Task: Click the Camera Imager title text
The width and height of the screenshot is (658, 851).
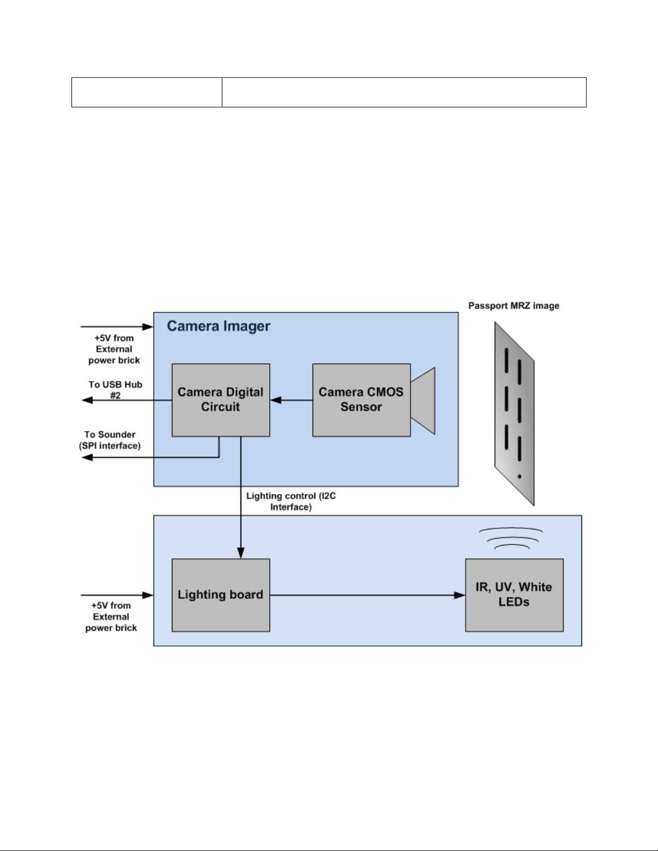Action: click(218, 326)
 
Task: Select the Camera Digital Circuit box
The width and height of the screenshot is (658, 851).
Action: click(220, 400)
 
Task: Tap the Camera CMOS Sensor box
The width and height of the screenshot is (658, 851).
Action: click(361, 400)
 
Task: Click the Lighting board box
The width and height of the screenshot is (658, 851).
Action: click(220, 595)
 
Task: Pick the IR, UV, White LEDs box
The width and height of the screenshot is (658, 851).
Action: click(514, 595)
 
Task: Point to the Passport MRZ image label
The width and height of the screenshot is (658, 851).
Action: click(514, 306)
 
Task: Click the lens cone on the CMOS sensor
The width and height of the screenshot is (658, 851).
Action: click(423, 401)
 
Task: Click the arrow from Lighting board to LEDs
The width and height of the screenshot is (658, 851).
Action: click(367, 595)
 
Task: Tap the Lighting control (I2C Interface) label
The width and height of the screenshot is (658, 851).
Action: click(291, 501)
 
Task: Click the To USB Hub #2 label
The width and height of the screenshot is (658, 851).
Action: click(115, 390)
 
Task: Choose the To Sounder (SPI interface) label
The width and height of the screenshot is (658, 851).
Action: click(110, 440)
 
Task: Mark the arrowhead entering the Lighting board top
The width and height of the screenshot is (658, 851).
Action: click(241, 553)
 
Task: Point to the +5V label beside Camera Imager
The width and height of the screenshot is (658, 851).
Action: click(114, 349)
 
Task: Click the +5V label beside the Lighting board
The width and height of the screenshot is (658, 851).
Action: click(111, 617)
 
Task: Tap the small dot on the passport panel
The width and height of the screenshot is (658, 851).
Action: click(519, 476)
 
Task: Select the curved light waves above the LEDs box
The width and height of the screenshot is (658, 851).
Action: click(511, 539)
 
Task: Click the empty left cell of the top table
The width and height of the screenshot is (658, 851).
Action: click(147, 92)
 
